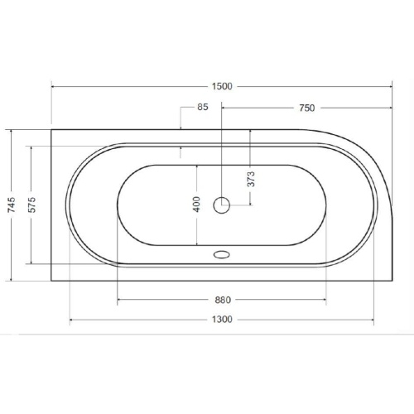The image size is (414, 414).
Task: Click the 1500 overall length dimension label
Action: pyautogui.click(x=222, y=86)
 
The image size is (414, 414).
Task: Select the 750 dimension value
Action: pyautogui.click(x=307, y=108)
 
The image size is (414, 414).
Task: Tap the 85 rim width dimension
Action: pyautogui.click(x=203, y=107)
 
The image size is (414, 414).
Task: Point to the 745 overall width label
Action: pyautogui.click(x=12, y=205)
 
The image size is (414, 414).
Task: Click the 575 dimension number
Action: pyautogui.click(x=32, y=205)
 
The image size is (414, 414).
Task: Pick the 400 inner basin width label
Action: pyautogui.click(x=196, y=205)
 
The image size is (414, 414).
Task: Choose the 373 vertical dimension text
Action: pyautogui.click(x=251, y=179)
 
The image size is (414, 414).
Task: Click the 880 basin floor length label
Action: pyautogui.click(x=223, y=300)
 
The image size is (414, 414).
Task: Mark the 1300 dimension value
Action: pyautogui.click(x=222, y=320)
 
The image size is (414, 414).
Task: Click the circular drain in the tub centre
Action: pyautogui.click(x=221, y=205)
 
